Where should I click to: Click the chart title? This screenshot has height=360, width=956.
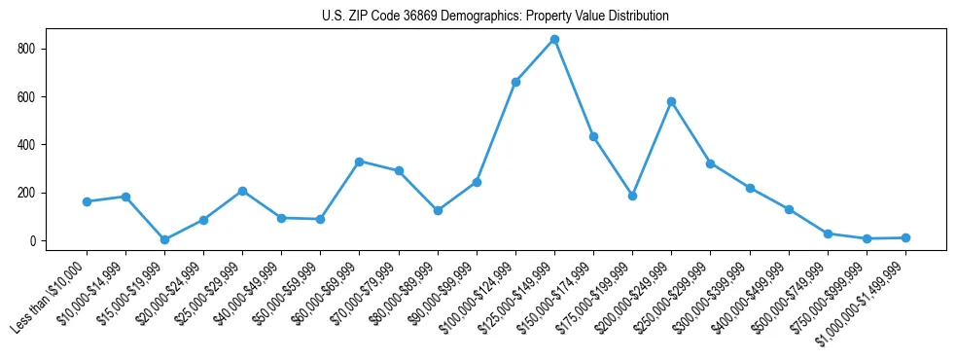(x=495, y=17)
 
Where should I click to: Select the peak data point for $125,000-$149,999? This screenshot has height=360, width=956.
(x=554, y=39)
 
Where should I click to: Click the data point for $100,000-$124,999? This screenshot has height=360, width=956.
(x=515, y=82)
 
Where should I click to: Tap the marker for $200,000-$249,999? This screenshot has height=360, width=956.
(x=671, y=101)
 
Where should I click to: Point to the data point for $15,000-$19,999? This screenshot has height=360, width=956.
(x=164, y=239)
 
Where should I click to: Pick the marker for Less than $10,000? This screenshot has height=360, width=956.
(x=87, y=201)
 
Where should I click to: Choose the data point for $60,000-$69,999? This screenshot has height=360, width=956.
(x=359, y=162)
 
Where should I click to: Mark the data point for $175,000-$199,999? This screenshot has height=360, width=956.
(x=632, y=196)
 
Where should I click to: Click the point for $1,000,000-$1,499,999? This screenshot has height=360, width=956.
(x=905, y=237)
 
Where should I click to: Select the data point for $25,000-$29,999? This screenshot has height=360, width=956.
(x=242, y=191)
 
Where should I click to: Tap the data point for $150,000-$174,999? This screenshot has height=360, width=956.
(x=593, y=136)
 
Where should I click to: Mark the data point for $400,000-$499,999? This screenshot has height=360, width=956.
(x=789, y=209)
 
